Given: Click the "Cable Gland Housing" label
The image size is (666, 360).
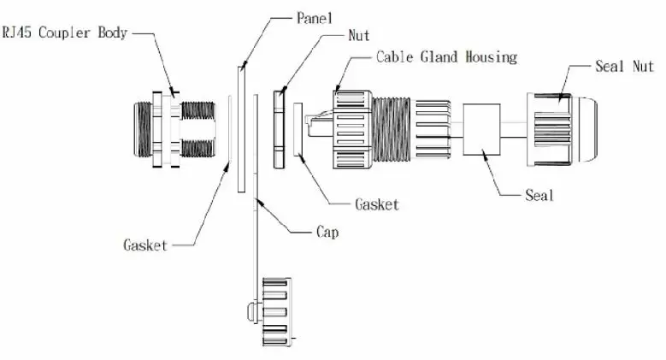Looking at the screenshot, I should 446,57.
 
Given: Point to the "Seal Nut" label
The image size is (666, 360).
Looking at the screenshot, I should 624,66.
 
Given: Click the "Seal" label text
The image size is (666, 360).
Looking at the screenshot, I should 539,196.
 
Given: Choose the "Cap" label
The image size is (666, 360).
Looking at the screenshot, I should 327,232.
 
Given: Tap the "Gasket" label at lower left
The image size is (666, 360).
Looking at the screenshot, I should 145,245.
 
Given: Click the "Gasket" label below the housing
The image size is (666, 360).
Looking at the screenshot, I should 376,204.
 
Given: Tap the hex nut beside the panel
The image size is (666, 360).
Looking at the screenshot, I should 278,128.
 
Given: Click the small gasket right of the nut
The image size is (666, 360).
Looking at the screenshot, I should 298,129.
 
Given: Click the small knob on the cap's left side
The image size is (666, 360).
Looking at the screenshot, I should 249,310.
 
